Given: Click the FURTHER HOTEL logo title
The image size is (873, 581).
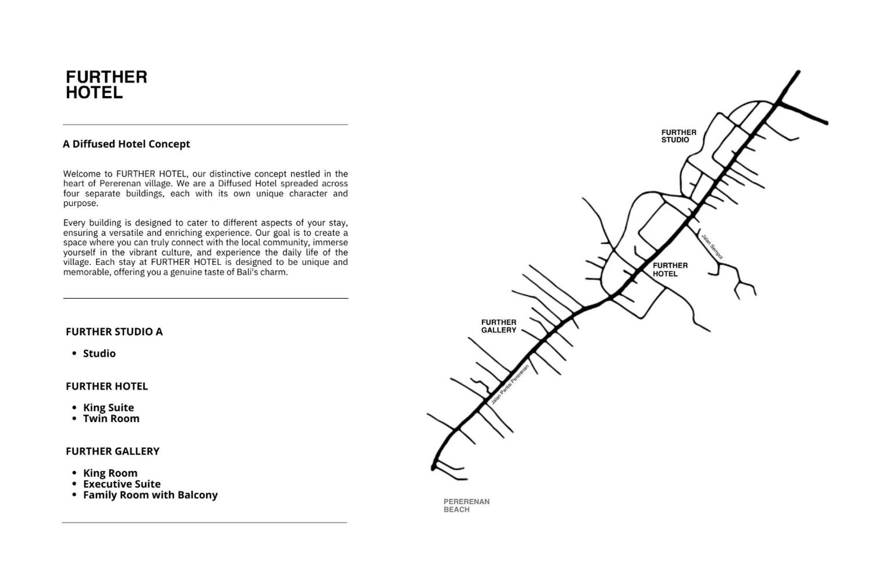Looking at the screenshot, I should coord(106,85).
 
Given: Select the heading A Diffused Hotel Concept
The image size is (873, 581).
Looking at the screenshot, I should coord(126,144).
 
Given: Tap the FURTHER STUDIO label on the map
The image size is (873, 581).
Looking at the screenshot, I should coord(678,136).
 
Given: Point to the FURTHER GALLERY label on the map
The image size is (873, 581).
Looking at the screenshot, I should coord(498,326).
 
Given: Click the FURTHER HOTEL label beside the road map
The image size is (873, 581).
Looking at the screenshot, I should coord(670,269).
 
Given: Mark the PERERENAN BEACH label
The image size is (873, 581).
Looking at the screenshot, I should coord(466,505).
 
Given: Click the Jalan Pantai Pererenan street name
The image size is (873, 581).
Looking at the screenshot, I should coord(510,384).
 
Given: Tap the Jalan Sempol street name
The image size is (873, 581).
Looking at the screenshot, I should coord(712,247).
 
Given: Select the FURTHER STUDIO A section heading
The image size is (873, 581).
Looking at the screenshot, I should coord(114,332).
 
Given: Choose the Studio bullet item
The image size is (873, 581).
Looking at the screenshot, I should coord(99,354).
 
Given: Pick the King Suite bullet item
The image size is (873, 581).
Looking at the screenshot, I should coord(108,408).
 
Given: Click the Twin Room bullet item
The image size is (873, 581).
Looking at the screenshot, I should coord(111,419).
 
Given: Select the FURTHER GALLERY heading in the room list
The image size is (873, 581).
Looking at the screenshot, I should coord(113,451).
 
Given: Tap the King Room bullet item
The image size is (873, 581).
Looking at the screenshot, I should coord(110,473).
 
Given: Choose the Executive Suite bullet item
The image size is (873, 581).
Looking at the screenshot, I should coord(122,484).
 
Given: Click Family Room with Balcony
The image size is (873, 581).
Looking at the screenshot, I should coord(150,495).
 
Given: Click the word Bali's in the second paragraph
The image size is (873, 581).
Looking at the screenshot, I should coord(247,272).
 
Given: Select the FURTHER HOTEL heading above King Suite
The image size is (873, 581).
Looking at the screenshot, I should coord(107,386).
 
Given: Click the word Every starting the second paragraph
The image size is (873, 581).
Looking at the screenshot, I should coord(74,223).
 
